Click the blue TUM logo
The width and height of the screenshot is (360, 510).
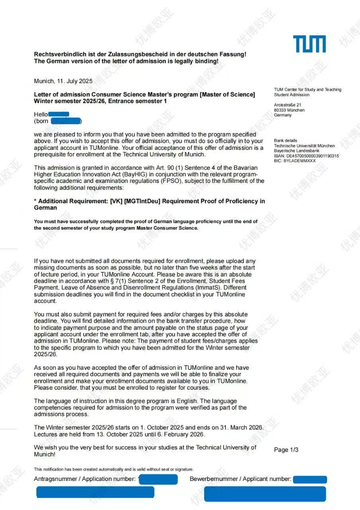point(309,44)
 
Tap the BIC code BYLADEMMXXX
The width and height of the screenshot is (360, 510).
point(299,161)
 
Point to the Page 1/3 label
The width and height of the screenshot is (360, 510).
point(286,450)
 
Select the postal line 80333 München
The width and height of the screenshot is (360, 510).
point(289,110)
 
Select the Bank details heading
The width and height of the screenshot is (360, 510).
point(286,141)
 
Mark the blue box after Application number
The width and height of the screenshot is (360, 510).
point(158,479)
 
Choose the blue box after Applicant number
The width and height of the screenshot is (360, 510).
point(310,479)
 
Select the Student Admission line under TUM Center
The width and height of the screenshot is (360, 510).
point(292,95)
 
